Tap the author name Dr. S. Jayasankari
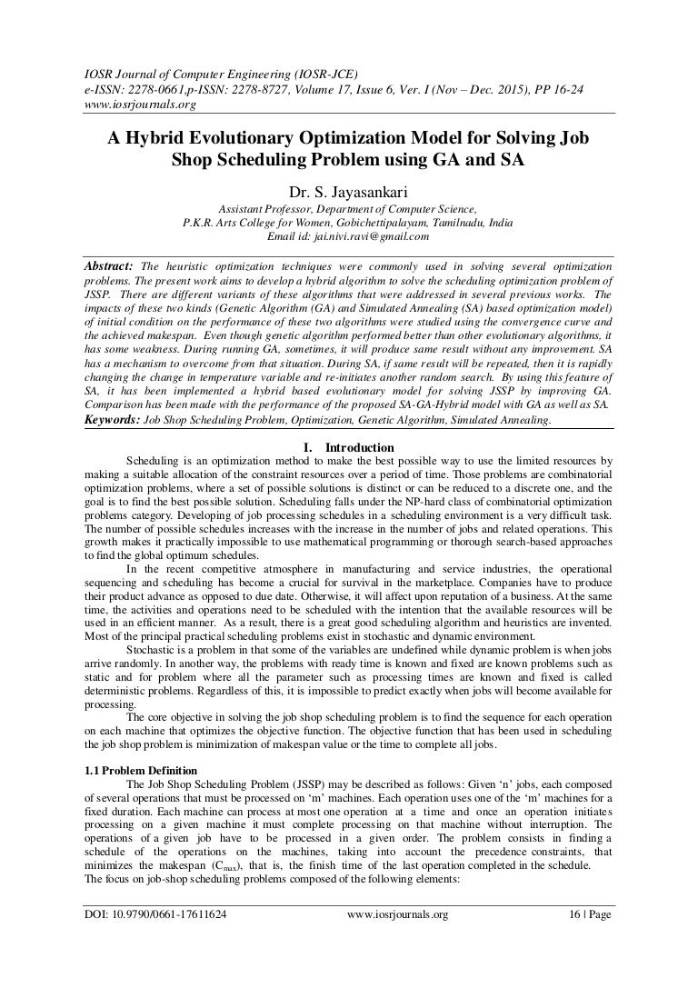[x=348, y=193]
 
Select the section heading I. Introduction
[x=347, y=447]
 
